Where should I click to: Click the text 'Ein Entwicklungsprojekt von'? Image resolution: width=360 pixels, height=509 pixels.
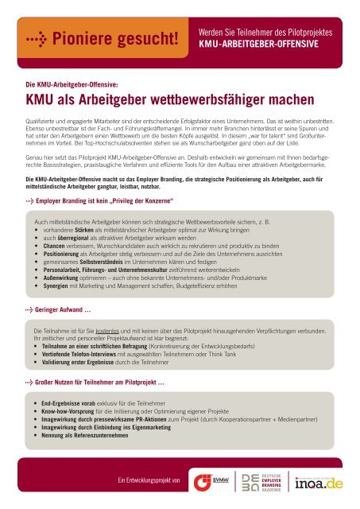(149, 481)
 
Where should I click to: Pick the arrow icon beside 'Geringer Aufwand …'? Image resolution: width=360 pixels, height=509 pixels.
(29, 307)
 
